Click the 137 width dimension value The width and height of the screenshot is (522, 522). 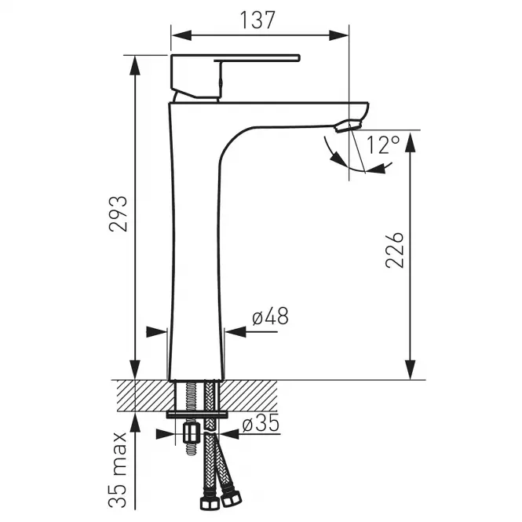coord(257,20)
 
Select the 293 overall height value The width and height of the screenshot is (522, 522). coord(119,214)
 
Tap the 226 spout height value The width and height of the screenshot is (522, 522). coord(395,250)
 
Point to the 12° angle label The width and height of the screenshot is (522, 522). coord(383,144)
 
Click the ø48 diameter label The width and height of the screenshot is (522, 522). coord(270,316)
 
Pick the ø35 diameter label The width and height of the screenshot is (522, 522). coord(261,424)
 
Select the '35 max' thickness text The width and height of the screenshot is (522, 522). coord(119,470)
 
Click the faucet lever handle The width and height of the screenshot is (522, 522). coord(235,76)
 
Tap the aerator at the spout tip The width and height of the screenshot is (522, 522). coord(348,126)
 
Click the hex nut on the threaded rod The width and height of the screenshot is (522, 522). coord(191,432)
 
